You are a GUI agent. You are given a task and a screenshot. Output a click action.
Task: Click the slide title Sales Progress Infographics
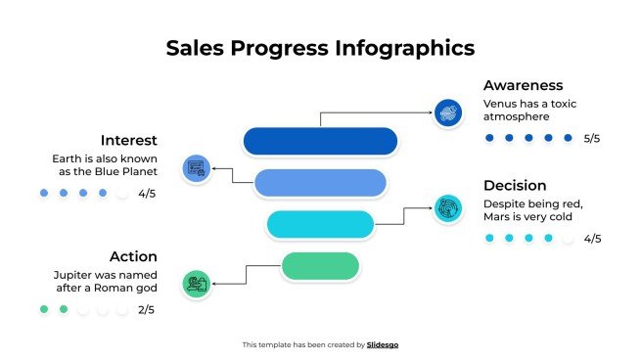click(x=320, y=48)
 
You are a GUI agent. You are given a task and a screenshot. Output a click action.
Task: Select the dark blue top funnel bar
click(x=319, y=141)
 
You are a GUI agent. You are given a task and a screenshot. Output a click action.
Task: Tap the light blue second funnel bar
click(x=319, y=182)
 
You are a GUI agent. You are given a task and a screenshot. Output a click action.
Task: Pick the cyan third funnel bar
click(x=320, y=224)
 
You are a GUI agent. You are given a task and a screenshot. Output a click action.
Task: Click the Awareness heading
click(x=523, y=85)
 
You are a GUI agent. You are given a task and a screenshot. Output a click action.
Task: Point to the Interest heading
click(x=128, y=140)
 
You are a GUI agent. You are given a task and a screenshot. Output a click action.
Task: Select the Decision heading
click(x=515, y=185)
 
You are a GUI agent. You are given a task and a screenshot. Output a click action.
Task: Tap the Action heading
click(x=133, y=256)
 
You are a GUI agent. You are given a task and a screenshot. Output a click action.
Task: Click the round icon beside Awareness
click(x=447, y=112)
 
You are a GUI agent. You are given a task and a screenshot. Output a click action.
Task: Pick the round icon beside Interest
click(x=196, y=167)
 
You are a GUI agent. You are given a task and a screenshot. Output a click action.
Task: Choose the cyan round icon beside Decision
click(x=447, y=208)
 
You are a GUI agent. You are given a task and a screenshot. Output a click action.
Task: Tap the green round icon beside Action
click(x=196, y=284)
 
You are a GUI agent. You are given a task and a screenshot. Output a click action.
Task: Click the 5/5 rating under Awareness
click(x=591, y=139)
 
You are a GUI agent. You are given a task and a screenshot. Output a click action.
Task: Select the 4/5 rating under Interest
click(x=147, y=194)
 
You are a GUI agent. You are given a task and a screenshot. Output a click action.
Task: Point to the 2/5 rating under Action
click(x=147, y=310)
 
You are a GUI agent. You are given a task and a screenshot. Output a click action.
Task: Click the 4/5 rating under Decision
click(x=591, y=239)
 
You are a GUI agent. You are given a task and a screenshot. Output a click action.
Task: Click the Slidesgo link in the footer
click(x=383, y=344)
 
